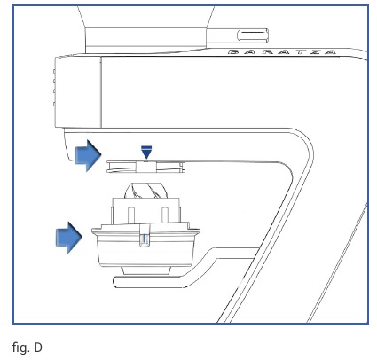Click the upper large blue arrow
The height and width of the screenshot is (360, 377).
[x=88, y=155]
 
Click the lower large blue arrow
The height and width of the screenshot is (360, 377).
[x=69, y=238]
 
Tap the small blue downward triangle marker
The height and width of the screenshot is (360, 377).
[x=146, y=153]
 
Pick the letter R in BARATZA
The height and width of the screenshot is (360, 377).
[x=267, y=52]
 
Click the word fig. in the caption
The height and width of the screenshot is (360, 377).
[x=21, y=348]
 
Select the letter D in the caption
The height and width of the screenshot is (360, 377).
[x=38, y=348]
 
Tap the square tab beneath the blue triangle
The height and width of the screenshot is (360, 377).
[x=146, y=167]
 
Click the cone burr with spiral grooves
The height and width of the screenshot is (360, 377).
[x=145, y=191]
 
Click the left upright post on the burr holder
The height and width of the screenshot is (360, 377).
[x=131, y=215]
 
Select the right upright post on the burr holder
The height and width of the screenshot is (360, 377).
[x=165, y=215]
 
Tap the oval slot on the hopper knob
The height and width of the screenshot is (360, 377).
[x=252, y=35]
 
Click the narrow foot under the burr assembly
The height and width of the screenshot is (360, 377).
[x=146, y=270]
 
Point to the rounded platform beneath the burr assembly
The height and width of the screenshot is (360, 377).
[x=153, y=282]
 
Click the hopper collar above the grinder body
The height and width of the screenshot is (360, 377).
[x=145, y=41]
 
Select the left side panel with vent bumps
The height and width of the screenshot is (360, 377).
[x=78, y=92]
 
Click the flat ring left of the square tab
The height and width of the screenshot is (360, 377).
[x=122, y=167]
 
